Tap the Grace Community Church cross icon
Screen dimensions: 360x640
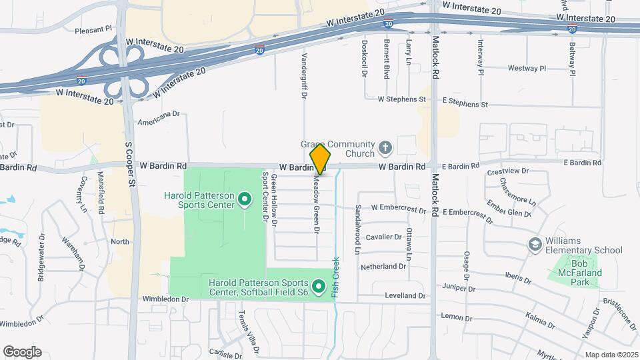point(385,147)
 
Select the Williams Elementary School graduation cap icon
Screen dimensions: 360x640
point(534,245)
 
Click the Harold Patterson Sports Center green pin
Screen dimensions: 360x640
point(244,199)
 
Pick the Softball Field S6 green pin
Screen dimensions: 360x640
point(319,287)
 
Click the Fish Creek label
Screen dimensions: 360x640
point(337,277)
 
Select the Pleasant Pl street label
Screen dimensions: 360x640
point(93,30)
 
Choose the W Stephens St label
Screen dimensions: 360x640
point(401,99)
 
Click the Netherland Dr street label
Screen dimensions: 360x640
point(383,267)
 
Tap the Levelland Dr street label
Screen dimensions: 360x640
point(405,295)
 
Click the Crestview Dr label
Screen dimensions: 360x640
point(508,171)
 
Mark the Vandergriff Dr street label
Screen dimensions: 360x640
point(304,77)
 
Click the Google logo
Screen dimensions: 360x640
point(22,352)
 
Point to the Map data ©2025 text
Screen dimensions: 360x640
point(611,355)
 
